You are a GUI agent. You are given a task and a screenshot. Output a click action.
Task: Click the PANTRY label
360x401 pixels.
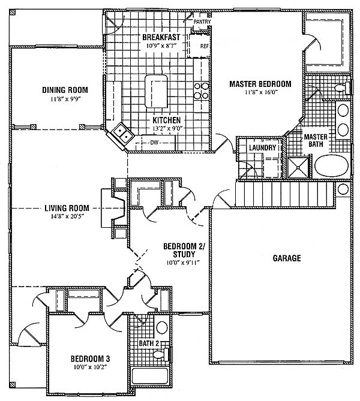pos(202,22)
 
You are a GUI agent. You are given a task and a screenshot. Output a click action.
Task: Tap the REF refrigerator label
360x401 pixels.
pos(205,46)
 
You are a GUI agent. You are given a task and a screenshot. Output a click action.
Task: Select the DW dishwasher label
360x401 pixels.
pos(154,143)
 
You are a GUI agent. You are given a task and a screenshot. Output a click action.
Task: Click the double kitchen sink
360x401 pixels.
pos(123,133)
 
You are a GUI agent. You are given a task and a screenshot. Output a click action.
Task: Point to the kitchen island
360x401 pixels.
pos(156,91)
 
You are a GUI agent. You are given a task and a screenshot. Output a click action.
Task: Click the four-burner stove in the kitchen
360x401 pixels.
pos(201,91)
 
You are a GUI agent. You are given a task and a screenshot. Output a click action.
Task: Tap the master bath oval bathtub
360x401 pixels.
pos(331,165)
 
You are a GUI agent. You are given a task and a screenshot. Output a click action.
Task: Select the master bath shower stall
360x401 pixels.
pos(299,167)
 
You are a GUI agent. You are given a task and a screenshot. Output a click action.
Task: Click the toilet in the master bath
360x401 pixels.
pos(343,88)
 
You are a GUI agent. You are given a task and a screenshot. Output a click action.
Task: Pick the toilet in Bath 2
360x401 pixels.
pos(161,354)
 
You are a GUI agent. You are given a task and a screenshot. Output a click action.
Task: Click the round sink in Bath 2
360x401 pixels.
pos(162,327)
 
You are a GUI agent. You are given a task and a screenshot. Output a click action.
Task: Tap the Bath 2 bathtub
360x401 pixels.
pos(150,376)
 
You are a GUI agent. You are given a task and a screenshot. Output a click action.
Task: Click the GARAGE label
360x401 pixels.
pos(287,258)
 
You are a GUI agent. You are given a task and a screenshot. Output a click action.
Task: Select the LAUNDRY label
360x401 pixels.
pos(262,147)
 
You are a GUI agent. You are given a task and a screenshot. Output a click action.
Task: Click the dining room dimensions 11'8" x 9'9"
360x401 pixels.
pos(65,99)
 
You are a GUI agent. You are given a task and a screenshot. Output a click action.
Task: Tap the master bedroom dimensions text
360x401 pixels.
pos(260,92)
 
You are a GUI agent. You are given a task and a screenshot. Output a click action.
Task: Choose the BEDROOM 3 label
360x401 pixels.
pos(91,358)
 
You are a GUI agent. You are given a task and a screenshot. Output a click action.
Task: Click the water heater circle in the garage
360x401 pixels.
pos(343,189)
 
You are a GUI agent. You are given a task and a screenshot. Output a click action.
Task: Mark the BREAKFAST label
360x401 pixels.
pos(161,37)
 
